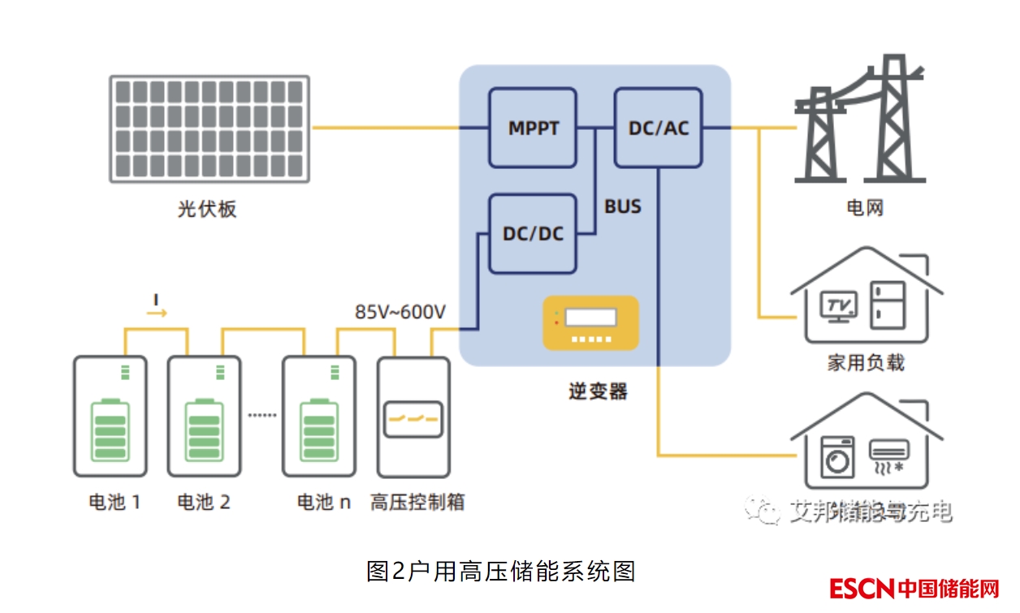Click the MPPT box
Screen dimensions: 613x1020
[533, 128]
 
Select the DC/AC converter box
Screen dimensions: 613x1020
[658, 128]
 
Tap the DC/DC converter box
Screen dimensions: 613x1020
[533, 234]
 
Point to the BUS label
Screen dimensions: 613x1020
[623, 207]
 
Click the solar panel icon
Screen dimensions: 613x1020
[210, 128]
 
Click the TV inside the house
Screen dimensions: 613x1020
[837, 305]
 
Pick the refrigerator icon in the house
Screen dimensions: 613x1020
[888, 305]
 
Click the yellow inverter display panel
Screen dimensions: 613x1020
[590, 323]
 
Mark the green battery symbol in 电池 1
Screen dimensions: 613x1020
[110, 430]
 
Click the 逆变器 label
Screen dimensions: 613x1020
[598, 391]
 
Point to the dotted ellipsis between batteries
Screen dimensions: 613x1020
[262, 415]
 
